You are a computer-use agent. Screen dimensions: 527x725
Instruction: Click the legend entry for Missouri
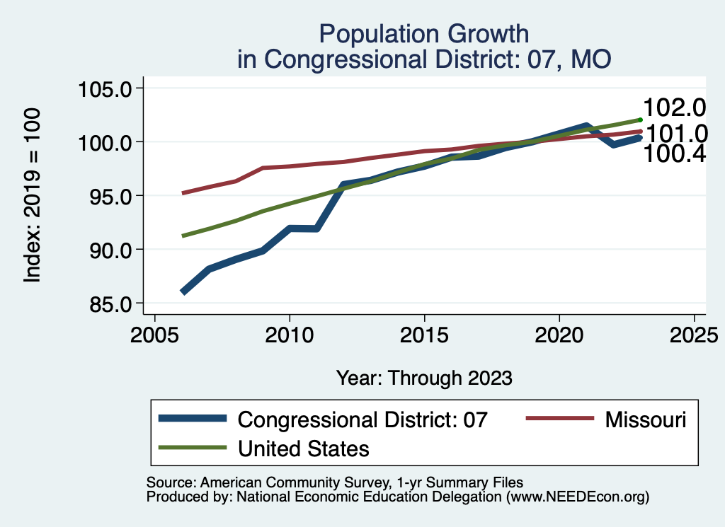[x=645, y=419]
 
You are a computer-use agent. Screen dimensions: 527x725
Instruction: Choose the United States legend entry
[x=304, y=448]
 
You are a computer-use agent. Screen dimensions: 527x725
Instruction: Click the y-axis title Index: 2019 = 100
[x=33, y=196]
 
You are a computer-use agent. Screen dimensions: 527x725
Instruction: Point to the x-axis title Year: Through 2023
[x=423, y=378]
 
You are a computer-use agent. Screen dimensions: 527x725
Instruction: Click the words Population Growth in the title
[x=423, y=33]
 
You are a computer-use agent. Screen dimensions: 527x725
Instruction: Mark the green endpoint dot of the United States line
[x=640, y=120]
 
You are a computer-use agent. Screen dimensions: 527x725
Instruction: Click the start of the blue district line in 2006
[x=183, y=291]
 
